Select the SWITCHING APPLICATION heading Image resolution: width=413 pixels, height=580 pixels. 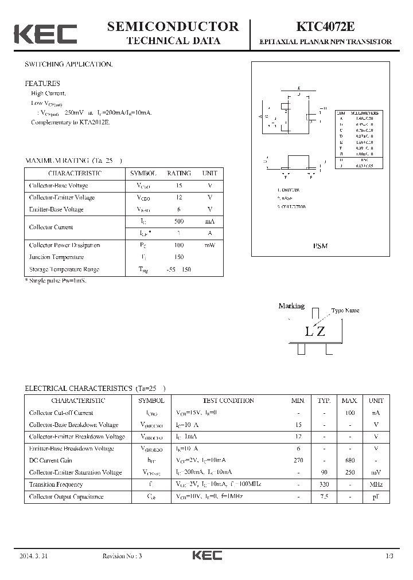pyautogui.click(x=68, y=64)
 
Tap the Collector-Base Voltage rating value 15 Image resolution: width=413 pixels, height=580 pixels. pyautogui.click(x=179, y=186)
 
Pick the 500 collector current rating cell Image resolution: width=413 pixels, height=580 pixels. pyautogui.click(x=179, y=221)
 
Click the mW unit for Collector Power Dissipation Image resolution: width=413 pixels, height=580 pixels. pyautogui.click(x=209, y=245)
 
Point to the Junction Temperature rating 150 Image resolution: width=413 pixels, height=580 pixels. pyautogui.click(x=179, y=257)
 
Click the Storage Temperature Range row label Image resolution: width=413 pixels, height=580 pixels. pyautogui.click(x=64, y=269)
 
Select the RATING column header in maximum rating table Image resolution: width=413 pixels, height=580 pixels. pyautogui.click(x=179, y=173)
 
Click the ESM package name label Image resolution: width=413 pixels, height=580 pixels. pyautogui.click(x=320, y=246)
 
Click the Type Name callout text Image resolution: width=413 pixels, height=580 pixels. pyautogui.click(x=345, y=311)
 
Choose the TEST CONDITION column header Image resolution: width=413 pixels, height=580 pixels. pyautogui.click(x=228, y=401)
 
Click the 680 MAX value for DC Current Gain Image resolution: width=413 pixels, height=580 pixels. pyautogui.click(x=349, y=460)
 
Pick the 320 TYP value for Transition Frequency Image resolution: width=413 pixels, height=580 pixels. pyautogui.click(x=325, y=484)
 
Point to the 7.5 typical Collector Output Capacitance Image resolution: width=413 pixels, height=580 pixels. pyautogui.click(x=325, y=496)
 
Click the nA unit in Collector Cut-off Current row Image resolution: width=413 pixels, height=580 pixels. pyautogui.click(x=376, y=413)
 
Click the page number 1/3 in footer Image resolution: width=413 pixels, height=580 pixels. pyautogui.click(x=389, y=557)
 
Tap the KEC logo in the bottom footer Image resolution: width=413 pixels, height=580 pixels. pyautogui.click(x=206, y=556)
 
